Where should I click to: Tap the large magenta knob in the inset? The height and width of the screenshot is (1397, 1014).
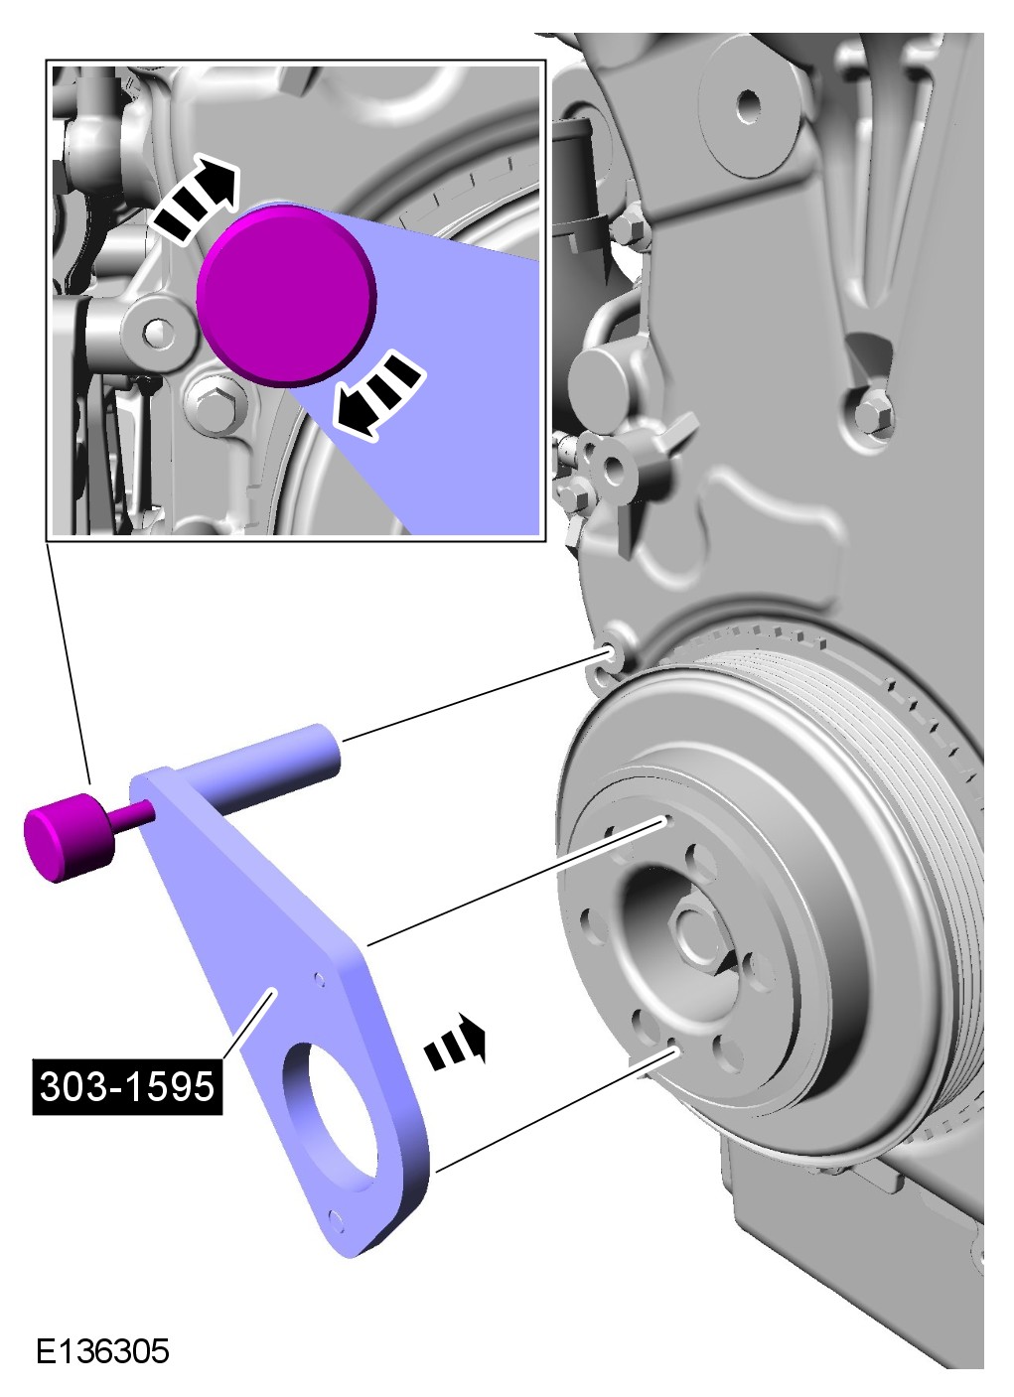tap(286, 296)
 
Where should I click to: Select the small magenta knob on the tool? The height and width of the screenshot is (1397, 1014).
tap(70, 837)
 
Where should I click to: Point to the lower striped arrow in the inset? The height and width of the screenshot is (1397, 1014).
tap(376, 395)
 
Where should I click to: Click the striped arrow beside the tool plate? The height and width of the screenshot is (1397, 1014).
tap(455, 1041)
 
